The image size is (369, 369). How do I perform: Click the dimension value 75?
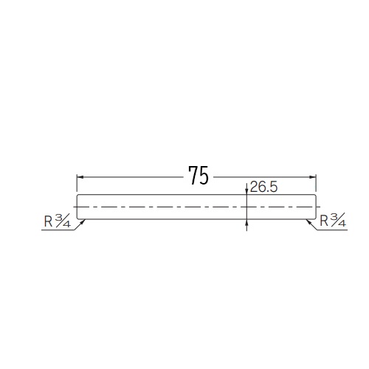point(199,175)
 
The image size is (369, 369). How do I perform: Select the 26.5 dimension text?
point(263,187)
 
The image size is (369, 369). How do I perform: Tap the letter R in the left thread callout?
point(48,221)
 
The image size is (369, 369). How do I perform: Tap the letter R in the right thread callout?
point(324,221)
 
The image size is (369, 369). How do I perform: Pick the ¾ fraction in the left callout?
point(63,220)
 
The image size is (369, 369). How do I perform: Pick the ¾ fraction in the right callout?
point(338,220)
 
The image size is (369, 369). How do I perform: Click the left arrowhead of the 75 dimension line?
point(80,177)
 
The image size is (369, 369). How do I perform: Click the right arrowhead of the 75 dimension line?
point(312,177)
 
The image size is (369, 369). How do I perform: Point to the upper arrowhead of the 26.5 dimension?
point(246,191)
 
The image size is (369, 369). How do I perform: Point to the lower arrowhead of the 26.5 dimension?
point(246,222)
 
